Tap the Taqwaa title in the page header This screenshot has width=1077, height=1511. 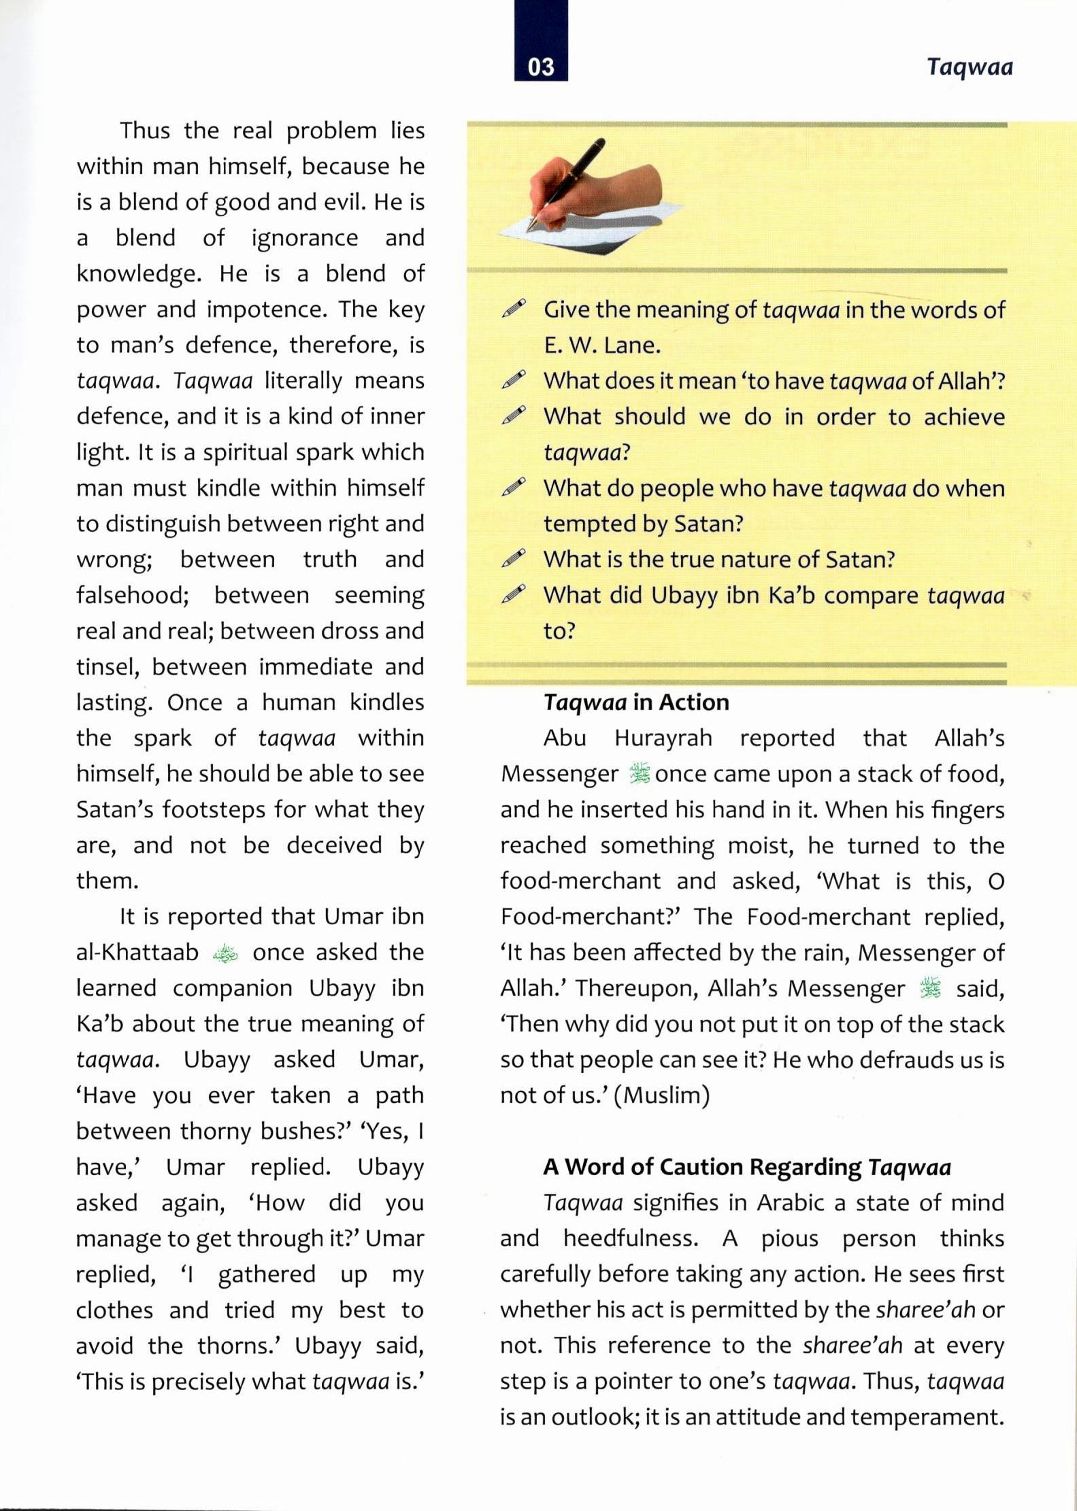970,67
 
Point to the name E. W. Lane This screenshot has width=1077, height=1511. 602,346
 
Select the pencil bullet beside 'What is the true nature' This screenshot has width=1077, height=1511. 514,558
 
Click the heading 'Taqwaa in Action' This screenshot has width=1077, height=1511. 636,702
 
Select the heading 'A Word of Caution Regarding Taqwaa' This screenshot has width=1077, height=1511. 746,1167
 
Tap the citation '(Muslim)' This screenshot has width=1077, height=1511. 661,1096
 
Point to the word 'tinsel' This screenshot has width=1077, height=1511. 107,667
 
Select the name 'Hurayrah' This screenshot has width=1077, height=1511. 663,738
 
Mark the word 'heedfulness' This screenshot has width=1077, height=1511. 630,1238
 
